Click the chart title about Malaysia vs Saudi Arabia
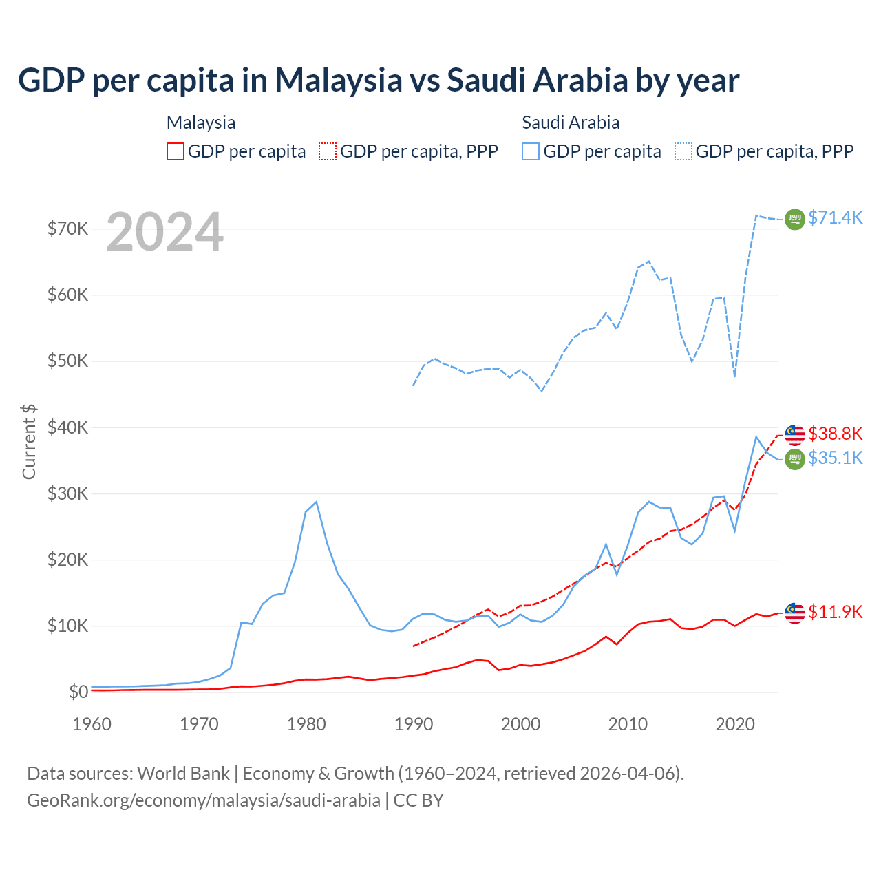[x=379, y=81]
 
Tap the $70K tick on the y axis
[x=67, y=229]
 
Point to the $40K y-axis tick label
[x=67, y=427]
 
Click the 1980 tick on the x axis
[x=306, y=724]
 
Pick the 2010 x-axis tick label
[x=628, y=724]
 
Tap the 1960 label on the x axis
[x=92, y=724]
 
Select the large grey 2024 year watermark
[x=165, y=232]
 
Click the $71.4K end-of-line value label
[x=835, y=217]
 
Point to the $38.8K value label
[x=835, y=434]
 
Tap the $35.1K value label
[x=835, y=458]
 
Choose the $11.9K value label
[x=835, y=612]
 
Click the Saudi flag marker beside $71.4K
[x=795, y=219]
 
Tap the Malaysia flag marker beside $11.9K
[x=795, y=613]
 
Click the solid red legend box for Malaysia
[x=176, y=151]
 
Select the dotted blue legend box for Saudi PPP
[x=683, y=151]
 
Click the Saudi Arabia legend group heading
[x=571, y=123]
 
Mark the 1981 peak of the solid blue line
[x=316, y=502]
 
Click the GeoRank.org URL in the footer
[x=204, y=800]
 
